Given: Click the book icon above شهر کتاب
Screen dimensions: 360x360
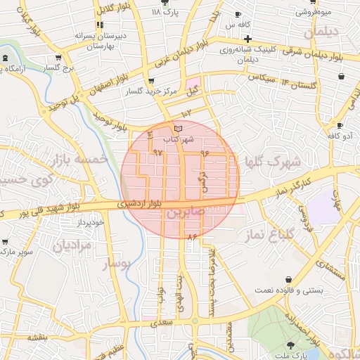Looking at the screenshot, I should tap(177, 128).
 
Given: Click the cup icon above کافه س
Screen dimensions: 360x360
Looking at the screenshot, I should tap(238, 15).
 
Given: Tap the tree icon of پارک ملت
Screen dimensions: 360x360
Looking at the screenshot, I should tap(291, 345).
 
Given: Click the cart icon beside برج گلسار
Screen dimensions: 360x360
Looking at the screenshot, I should tap(58, 58).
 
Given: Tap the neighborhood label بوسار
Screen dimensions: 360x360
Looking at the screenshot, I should tap(116, 265).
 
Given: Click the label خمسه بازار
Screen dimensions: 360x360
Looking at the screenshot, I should tap(79, 160).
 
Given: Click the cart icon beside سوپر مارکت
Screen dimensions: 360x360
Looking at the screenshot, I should tap(6, 242).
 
